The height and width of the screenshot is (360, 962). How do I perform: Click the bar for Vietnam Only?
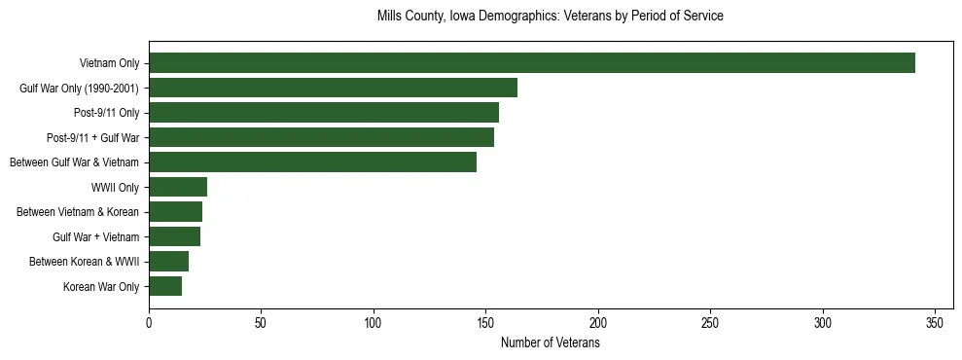[x=532, y=63]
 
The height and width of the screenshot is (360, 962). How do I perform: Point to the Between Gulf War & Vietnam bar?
[x=312, y=162]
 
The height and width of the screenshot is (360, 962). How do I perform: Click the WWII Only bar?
[x=178, y=187]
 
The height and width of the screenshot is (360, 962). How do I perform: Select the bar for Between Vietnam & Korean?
[x=175, y=212]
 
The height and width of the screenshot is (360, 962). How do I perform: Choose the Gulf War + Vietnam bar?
[x=174, y=236]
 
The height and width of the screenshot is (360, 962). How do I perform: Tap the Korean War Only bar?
[x=165, y=286]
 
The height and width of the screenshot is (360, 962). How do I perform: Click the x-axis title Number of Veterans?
[x=550, y=343]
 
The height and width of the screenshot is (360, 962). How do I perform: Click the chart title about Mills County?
[x=550, y=17]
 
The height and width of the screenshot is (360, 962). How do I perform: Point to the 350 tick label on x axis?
[x=935, y=322]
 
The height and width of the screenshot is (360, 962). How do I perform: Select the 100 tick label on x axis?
[x=374, y=322]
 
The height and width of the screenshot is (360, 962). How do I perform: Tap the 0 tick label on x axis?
[x=149, y=322]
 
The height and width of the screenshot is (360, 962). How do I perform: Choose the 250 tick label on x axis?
[x=710, y=322]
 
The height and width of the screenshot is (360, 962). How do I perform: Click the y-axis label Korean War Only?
[x=101, y=287]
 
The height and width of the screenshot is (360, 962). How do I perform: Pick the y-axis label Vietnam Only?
[x=109, y=64]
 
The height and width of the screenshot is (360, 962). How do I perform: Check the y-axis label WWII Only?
[x=115, y=188]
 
